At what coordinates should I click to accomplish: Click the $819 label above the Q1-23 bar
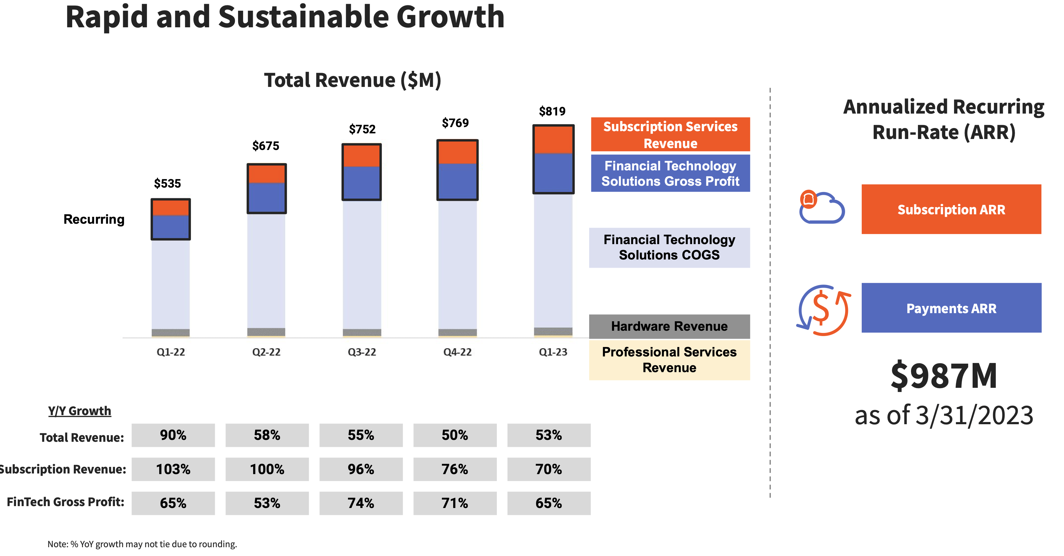point(552,111)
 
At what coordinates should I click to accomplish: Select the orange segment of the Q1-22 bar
point(171,208)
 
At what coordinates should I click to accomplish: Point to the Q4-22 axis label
point(457,352)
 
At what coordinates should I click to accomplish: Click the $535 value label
point(167,183)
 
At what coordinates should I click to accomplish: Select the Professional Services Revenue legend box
point(669,360)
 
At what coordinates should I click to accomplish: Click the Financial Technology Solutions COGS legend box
point(669,248)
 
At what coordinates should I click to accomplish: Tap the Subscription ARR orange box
point(951,209)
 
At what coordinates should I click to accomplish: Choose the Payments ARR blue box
point(951,308)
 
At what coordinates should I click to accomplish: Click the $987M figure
point(944,376)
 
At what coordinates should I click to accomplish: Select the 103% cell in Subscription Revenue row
point(173,469)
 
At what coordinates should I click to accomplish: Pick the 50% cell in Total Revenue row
point(454,435)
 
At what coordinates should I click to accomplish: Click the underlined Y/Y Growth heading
point(80,411)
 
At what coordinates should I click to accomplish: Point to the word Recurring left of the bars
point(94,219)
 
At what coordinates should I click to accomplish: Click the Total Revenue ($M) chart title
point(352,80)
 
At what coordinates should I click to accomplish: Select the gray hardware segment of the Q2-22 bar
point(266,331)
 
